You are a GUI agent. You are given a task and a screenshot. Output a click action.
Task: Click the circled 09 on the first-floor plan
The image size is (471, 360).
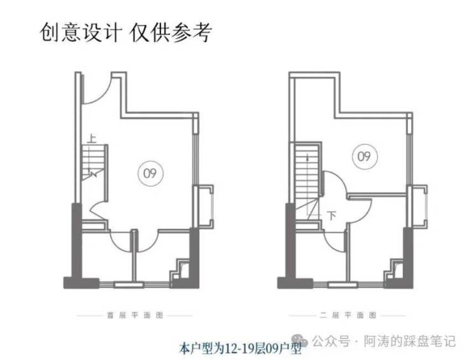(x=150, y=173)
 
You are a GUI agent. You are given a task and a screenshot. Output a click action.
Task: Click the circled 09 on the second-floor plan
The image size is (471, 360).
(x=363, y=155)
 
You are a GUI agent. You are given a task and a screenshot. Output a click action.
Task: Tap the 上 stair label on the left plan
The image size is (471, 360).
(x=93, y=137)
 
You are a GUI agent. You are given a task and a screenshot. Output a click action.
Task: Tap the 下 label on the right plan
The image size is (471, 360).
(x=331, y=216)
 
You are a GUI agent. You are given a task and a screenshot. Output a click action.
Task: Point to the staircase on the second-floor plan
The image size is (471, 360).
(x=307, y=181)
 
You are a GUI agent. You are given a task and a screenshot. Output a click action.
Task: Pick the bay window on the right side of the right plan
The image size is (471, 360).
(x=419, y=203)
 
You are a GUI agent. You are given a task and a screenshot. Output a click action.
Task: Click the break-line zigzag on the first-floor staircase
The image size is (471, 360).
(x=94, y=172)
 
